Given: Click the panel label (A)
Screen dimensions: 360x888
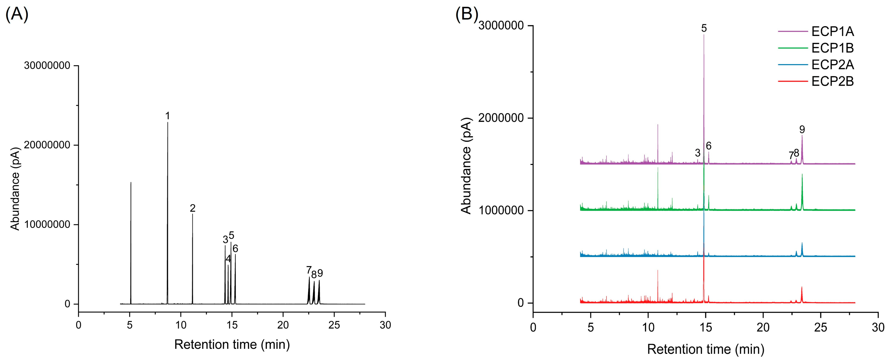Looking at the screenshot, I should [17, 15].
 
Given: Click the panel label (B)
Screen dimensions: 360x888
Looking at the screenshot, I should [467, 15].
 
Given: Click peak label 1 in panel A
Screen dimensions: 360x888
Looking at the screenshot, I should [168, 116].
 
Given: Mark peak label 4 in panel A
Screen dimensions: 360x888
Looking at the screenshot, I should [228, 259].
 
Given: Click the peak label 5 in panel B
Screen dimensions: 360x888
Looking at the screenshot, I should [704, 28].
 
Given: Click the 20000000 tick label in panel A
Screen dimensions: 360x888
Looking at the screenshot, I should [47, 145].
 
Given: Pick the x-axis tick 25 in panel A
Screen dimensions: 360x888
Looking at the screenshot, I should [334, 325].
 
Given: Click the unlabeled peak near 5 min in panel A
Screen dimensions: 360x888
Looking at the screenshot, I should [131, 183].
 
